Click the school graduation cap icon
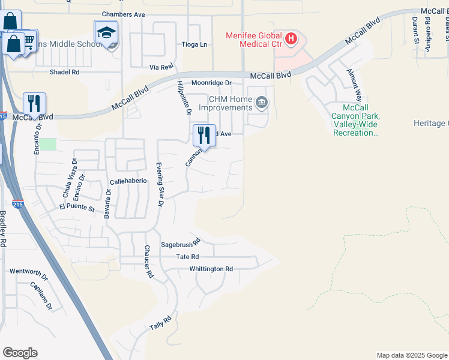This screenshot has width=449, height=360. point(106,32)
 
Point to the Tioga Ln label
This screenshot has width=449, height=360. point(194,44)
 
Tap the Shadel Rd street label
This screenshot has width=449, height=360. point(64,72)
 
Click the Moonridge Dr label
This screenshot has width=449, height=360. point(211,83)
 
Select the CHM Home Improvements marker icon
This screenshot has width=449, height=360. point(261,103)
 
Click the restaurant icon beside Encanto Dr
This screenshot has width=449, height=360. point(35,103)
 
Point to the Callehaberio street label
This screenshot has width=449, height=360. point(129,181)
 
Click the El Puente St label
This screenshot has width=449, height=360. point(77,208)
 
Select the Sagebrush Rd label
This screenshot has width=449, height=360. point(179,245)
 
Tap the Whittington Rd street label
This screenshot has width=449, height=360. point(211,269)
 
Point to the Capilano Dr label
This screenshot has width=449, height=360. point(41,296)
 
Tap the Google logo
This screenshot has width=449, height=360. point(20,353)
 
